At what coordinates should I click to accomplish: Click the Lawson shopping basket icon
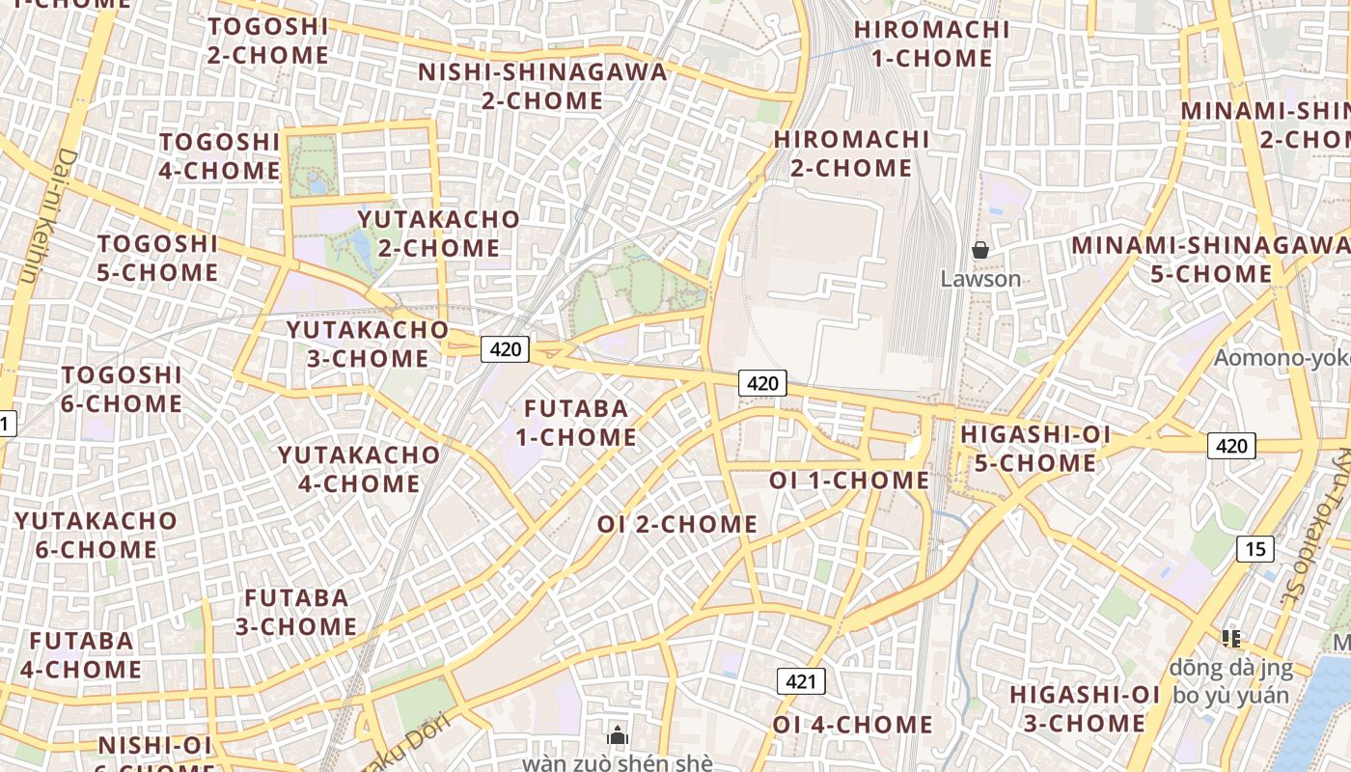[980, 250]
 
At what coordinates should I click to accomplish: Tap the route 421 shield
[801, 681]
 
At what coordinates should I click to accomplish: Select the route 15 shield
[1254, 549]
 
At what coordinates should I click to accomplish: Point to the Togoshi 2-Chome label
[268, 41]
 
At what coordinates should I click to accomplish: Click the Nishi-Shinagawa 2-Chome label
[542, 86]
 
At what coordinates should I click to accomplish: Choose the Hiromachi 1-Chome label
[931, 43]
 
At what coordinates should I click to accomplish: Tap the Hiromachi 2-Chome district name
[851, 153]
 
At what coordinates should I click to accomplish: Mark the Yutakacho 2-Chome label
[439, 234]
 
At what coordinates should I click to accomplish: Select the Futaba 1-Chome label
[575, 423]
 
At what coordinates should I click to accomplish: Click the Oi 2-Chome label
[677, 524]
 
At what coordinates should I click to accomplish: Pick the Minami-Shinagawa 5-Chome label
[1211, 260]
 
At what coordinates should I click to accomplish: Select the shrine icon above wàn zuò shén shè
[618, 735]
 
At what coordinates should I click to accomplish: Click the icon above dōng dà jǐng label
[1230, 638]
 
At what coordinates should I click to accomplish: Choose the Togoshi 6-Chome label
[122, 389]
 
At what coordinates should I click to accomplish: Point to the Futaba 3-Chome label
[296, 612]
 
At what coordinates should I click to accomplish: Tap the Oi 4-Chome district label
[852, 725]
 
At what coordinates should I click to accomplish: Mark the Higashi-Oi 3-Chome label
[1085, 708]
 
